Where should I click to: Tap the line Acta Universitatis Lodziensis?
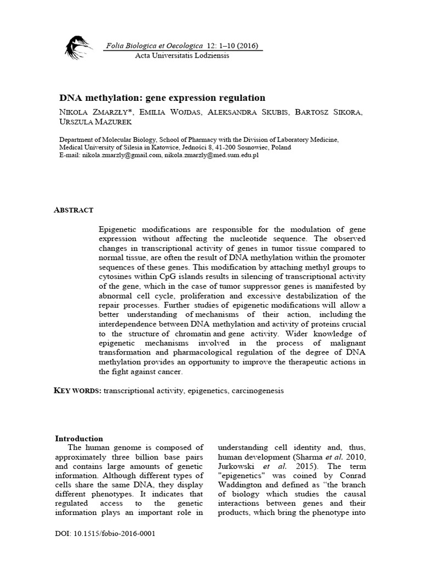(182, 55)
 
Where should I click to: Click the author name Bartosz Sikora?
(329, 113)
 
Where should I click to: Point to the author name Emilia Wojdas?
(165, 113)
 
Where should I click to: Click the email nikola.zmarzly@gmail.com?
(122, 155)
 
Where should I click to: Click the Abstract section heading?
(74, 210)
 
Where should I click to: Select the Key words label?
(77, 390)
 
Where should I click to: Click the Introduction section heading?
(79, 438)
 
